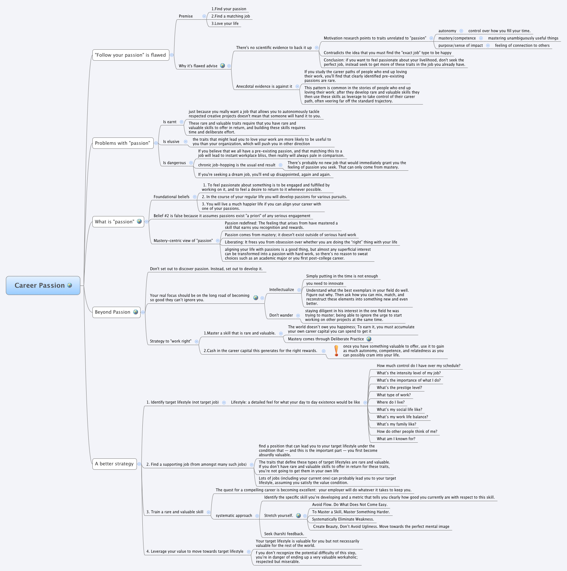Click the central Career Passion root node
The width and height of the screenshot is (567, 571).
43,285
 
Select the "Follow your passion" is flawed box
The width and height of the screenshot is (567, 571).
130,55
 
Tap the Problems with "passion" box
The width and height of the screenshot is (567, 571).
122,143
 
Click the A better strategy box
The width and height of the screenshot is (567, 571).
114,464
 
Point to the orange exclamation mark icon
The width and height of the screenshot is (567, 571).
336,351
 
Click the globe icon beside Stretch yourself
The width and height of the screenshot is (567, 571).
298,515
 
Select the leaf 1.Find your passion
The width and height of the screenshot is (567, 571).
229,9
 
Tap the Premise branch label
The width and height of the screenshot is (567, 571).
186,16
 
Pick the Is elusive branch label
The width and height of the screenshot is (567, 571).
171,142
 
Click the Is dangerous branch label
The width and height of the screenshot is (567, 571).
175,163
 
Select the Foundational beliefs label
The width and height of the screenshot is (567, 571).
172,197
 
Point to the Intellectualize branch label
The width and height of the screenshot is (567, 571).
281,290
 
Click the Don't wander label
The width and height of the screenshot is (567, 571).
281,315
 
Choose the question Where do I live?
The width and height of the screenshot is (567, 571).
391,402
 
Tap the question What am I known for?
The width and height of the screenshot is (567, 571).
396,439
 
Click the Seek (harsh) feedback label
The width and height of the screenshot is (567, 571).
284,534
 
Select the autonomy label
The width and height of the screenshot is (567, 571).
447,31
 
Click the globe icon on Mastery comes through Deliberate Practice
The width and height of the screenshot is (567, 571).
369,339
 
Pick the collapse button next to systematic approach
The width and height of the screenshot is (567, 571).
257,516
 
